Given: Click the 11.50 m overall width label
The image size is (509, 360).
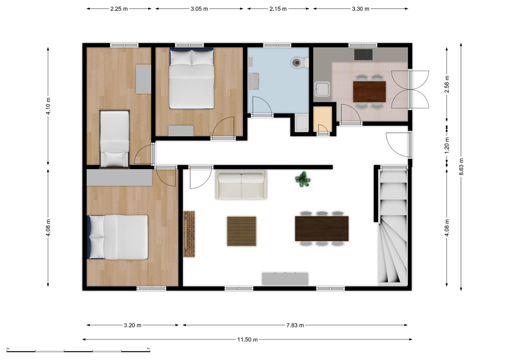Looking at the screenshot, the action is point(248,340).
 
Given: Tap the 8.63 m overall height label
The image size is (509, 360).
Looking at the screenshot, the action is point(461,167).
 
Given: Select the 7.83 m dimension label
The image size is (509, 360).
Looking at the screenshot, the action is point(295,325).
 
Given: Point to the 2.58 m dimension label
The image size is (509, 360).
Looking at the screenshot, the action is point(447,84).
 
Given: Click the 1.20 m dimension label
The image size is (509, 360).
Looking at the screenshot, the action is point(447,146).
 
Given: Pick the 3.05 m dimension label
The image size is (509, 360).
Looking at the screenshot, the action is point(199,9).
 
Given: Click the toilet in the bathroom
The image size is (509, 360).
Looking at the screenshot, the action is point(300,62).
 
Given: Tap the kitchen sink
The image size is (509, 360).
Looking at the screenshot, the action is point(322,89).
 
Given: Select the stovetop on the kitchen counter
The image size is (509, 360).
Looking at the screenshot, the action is point(363,55).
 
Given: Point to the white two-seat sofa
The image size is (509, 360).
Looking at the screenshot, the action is point(241,185).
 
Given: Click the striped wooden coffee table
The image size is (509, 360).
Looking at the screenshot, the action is point(241,231).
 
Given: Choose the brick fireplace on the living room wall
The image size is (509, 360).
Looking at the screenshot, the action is point(189,234).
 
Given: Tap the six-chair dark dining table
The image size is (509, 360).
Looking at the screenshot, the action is point(322,228).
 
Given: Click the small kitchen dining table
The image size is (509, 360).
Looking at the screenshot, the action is point(369,92).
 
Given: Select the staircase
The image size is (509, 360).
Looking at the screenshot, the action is point(393,227).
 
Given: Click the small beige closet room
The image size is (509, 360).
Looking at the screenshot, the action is point(323,119).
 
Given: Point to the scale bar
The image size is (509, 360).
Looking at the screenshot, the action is point(78,351).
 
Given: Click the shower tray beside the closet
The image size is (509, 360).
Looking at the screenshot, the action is point(302,123).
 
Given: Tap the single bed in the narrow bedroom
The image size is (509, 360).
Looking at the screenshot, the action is point(115,139).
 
